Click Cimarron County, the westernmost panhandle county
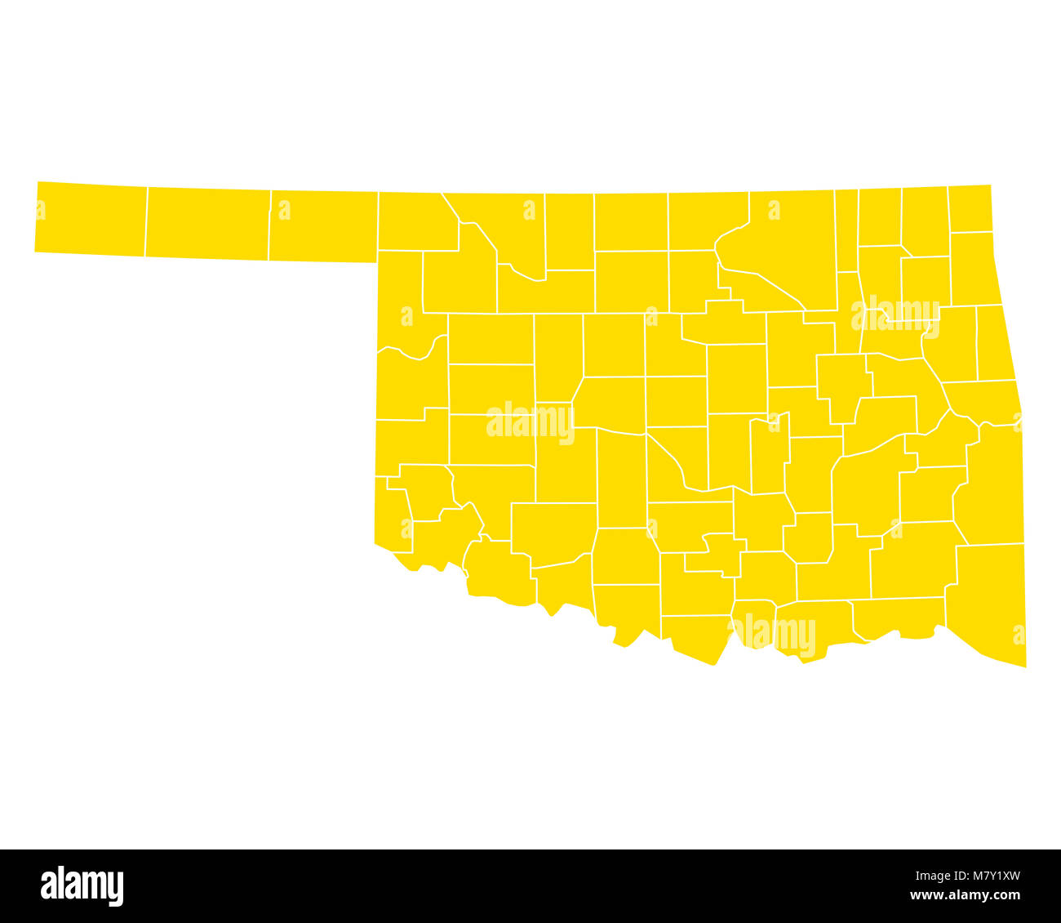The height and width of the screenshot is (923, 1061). point(91,219)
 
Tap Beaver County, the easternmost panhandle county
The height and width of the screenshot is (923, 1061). point(323,226)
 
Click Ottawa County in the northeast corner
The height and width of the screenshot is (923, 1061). point(970,208)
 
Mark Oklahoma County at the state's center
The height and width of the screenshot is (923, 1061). point(676,401)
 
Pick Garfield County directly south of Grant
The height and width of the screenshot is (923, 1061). point(631,282)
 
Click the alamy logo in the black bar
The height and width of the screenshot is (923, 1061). point(82,885)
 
